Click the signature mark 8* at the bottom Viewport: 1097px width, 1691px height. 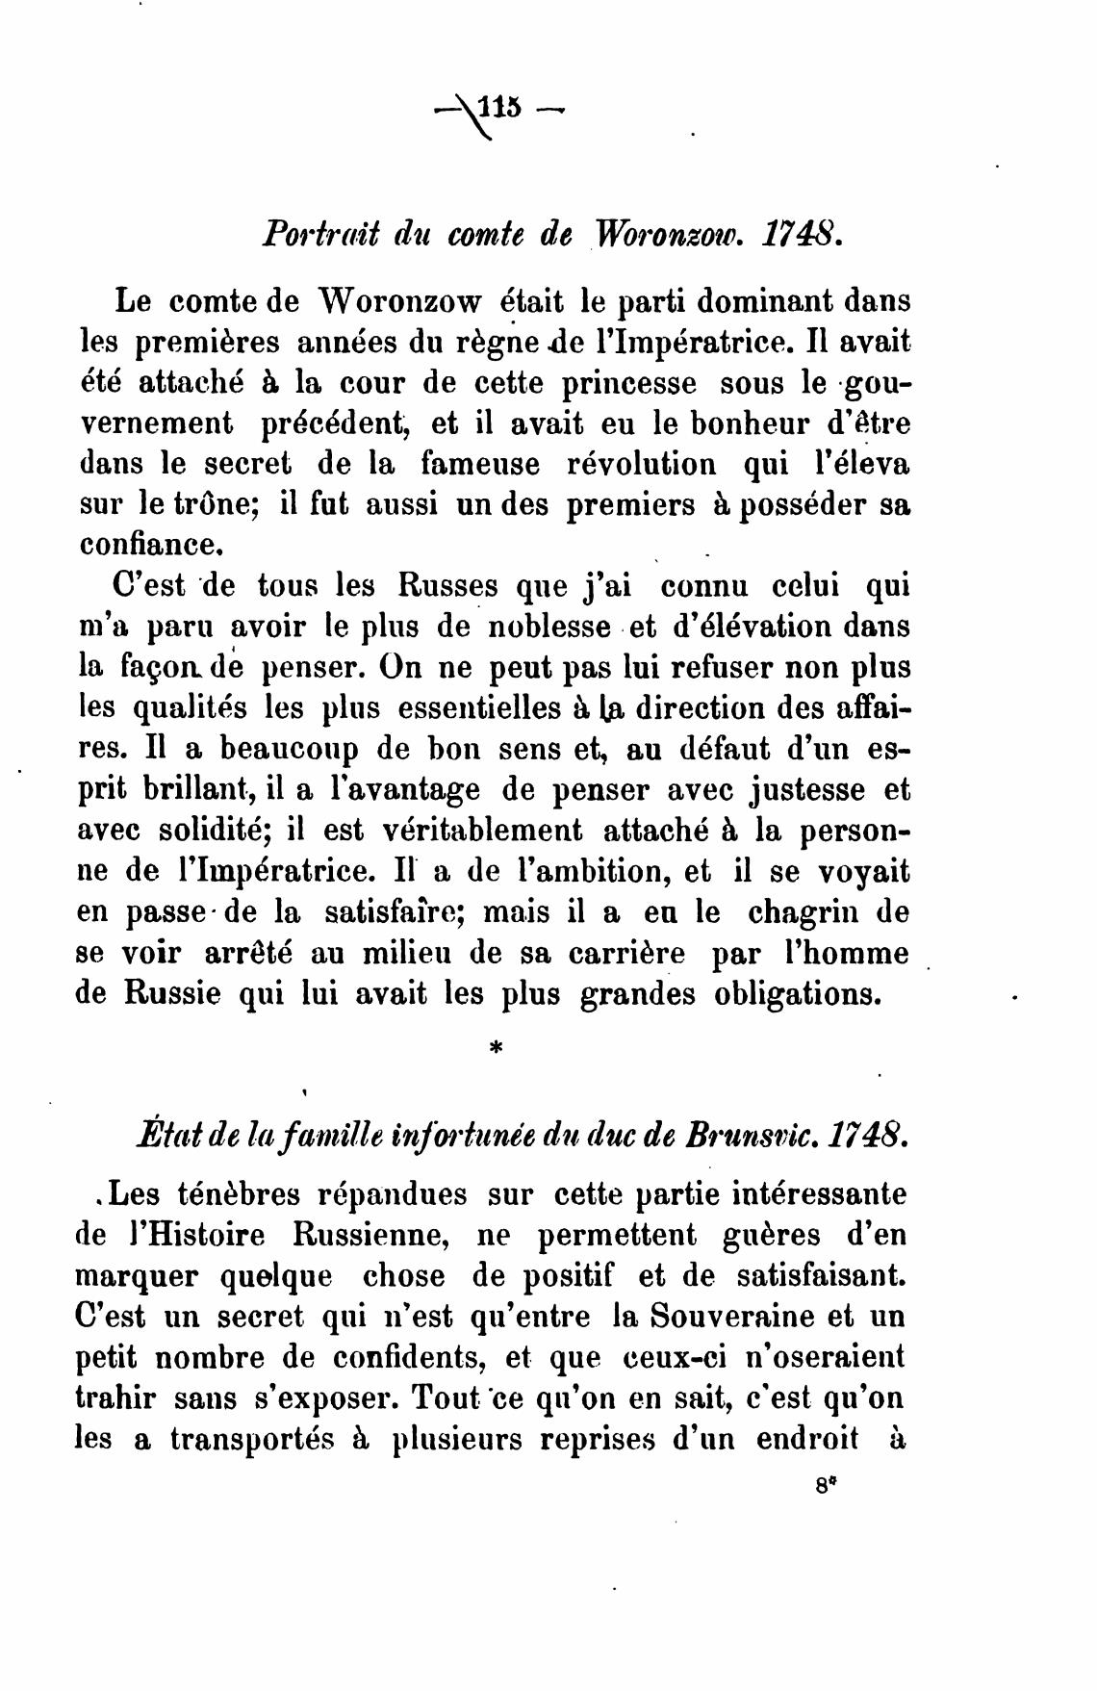tap(823, 1484)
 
